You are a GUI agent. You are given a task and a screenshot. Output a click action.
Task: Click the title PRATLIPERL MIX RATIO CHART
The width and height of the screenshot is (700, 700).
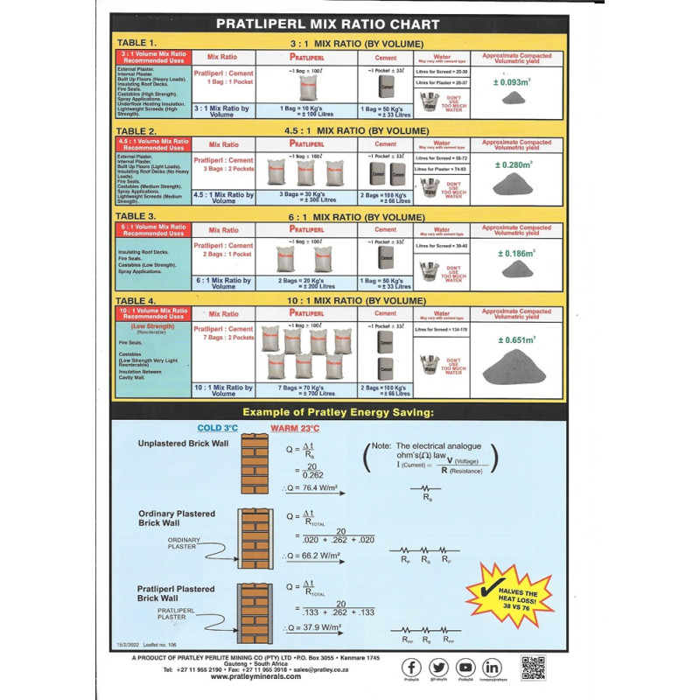[x=349, y=24]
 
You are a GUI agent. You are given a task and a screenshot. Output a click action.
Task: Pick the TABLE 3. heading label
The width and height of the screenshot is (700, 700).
[x=136, y=215]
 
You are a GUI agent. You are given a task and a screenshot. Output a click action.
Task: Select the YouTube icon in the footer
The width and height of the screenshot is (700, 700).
[x=465, y=668]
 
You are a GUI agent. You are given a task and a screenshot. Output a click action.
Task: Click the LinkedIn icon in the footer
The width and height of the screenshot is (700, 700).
[x=492, y=668]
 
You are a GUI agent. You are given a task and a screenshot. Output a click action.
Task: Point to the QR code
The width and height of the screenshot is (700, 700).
[x=533, y=668]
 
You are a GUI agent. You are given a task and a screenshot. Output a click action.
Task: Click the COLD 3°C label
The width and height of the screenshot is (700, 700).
[x=217, y=428]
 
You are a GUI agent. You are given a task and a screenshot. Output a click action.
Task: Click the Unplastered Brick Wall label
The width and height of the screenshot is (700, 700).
[x=183, y=444]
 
